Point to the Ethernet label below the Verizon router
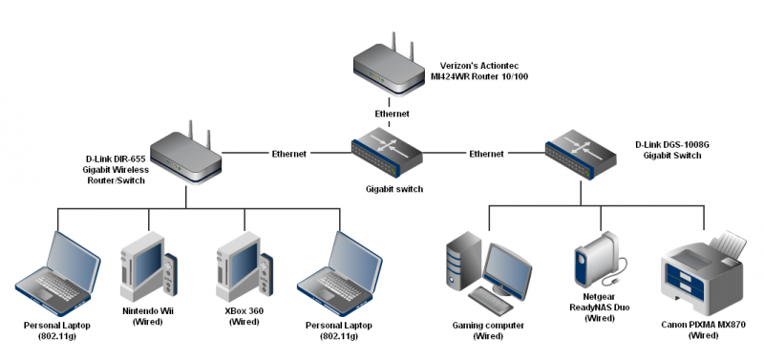pyautogui.click(x=392, y=114)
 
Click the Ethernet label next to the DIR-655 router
pyautogui.click(x=289, y=153)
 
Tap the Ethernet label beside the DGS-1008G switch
pyautogui.click(x=486, y=153)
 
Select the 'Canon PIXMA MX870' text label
pyautogui.click(x=703, y=326)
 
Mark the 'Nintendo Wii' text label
pyautogui.click(x=148, y=312)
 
